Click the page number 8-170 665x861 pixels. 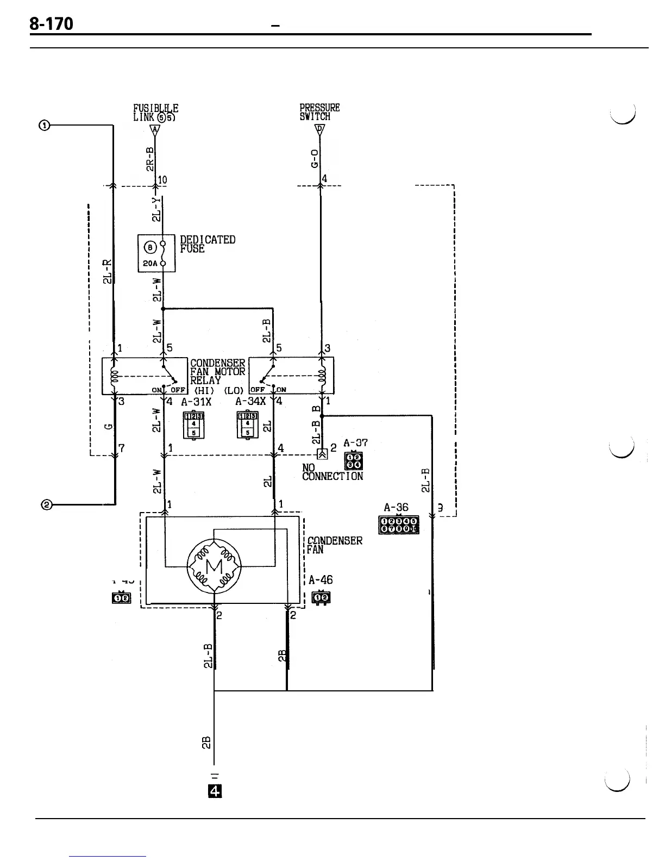[x=51, y=25]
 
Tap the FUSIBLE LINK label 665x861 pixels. [x=155, y=113]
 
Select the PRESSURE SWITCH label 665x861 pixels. [x=319, y=113]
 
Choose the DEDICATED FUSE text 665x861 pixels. [x=207, y=244]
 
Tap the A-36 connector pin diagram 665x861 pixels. [x=398, y=525]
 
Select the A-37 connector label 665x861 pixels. [x=356, y=444]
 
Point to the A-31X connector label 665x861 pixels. [x=196, y=402]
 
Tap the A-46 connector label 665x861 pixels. [x=321, y=580]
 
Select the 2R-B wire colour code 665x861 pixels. [x=151, y=158]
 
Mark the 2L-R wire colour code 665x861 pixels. [x=107, y=272]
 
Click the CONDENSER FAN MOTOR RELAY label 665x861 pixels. [x=217, y=371]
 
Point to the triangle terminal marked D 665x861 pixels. [x=320, y=129]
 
